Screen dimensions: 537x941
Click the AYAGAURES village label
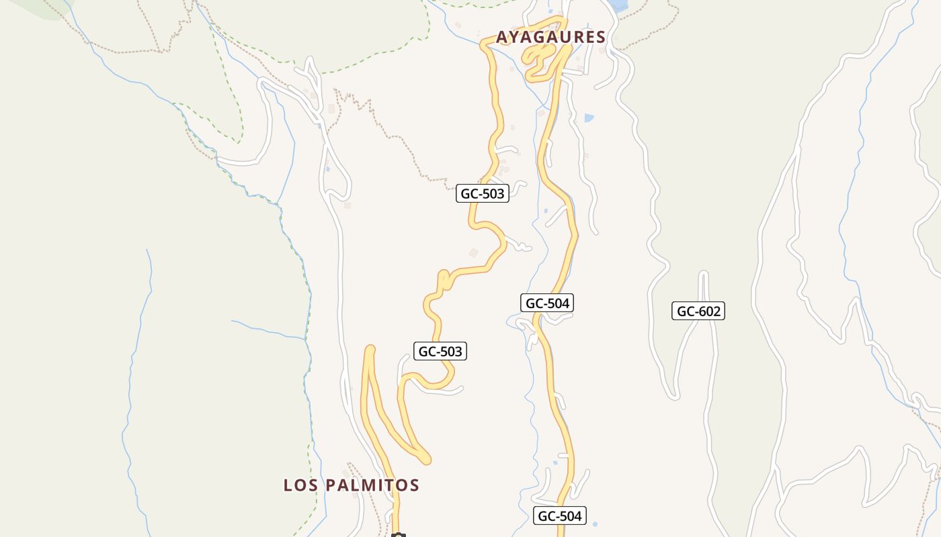click(551, 38)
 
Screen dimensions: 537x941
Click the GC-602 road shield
click(698, 311)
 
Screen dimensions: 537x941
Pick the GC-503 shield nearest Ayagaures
click(483, 193)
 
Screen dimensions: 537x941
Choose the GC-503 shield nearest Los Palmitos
click(440, 351)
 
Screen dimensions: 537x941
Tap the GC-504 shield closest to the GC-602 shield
click(547, 303)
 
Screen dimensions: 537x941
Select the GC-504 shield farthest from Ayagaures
click(560, 516)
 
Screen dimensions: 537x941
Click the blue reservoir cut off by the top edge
click(618, 5)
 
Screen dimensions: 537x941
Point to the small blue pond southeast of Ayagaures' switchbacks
click(589, 118)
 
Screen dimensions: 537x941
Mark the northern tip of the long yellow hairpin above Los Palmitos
click(369, 348)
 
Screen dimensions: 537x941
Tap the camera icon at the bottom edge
click(399, 535)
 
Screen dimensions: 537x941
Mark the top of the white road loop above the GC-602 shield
click(704, 274)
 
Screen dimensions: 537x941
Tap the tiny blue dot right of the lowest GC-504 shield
click(596, 523)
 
